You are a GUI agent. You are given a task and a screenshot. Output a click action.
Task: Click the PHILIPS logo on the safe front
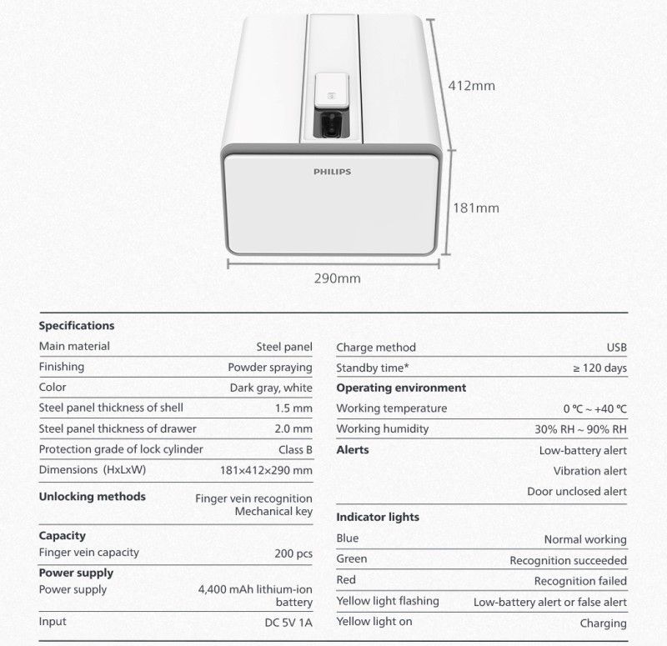point(332,172)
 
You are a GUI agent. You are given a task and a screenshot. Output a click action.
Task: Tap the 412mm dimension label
point(472,85)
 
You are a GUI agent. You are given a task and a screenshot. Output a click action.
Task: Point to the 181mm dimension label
point(474,208)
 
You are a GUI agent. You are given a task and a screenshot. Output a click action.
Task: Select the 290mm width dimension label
point(337,278)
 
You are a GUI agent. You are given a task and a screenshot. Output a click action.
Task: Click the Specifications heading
point(77,326)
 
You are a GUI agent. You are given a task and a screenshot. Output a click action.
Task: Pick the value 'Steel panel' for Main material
point(283,347)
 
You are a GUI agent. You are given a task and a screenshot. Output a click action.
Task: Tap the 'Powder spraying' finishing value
point(270,367)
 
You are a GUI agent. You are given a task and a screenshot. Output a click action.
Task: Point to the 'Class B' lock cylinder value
point(295,450)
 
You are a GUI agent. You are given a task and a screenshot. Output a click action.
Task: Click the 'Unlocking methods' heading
point(93,497)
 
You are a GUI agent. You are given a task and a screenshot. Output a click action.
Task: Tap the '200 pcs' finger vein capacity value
point(293,553)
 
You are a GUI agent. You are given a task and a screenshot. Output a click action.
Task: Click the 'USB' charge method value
point(616,348)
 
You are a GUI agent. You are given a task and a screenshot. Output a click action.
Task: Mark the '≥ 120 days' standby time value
point(600,368)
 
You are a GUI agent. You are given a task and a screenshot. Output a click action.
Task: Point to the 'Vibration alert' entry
point(590,471)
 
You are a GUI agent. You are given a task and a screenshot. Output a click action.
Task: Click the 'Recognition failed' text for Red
point(580,581)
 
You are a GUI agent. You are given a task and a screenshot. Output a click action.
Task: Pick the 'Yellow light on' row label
point(375,622)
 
